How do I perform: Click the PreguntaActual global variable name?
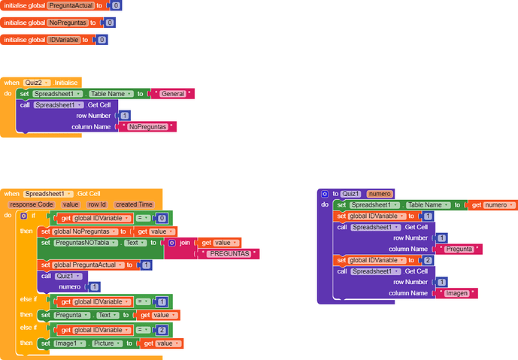pyautogui.click(x=71, y=5)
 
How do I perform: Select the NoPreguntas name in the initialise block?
pyautogui.click(x=68, y=23)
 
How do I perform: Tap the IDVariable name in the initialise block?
pyautogui.click(x=63, y=40)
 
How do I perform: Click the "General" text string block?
pyautogui.click(x=173, y=94)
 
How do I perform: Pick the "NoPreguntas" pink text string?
pyautogui.click(x=147, y=127)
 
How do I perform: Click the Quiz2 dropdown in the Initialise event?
pyautogui.click(x=37, y=83)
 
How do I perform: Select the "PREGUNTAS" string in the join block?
pyautogui.click(x=229, y=254)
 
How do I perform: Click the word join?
pyautogui.click(x=185, y=243)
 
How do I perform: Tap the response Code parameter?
pyautogui.click(x=32, y=204)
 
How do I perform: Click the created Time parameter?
pyautogui.click(x=134, y=204)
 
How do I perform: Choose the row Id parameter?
pyautogui.click(x=97, y=204)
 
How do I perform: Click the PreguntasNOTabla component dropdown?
pyautogui.click(x=86, y=243)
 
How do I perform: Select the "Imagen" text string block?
pyautogui.click(x=456, y=293)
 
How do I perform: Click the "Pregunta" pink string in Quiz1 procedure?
pyautogui.click(x=459, y=249)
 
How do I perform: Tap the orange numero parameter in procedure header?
pyautogui.click(x=380, y=194)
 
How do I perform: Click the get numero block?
pyautogui.click(x=492, y=205)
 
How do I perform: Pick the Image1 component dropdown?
pyautogui.click(x=70, y=343)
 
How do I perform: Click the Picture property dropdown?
pyautogui.click(x=107, y=343)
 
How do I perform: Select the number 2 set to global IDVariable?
pyautogui.click(x=428, y=260)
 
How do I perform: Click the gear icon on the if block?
pyautogui.click(x=23, y=216)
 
